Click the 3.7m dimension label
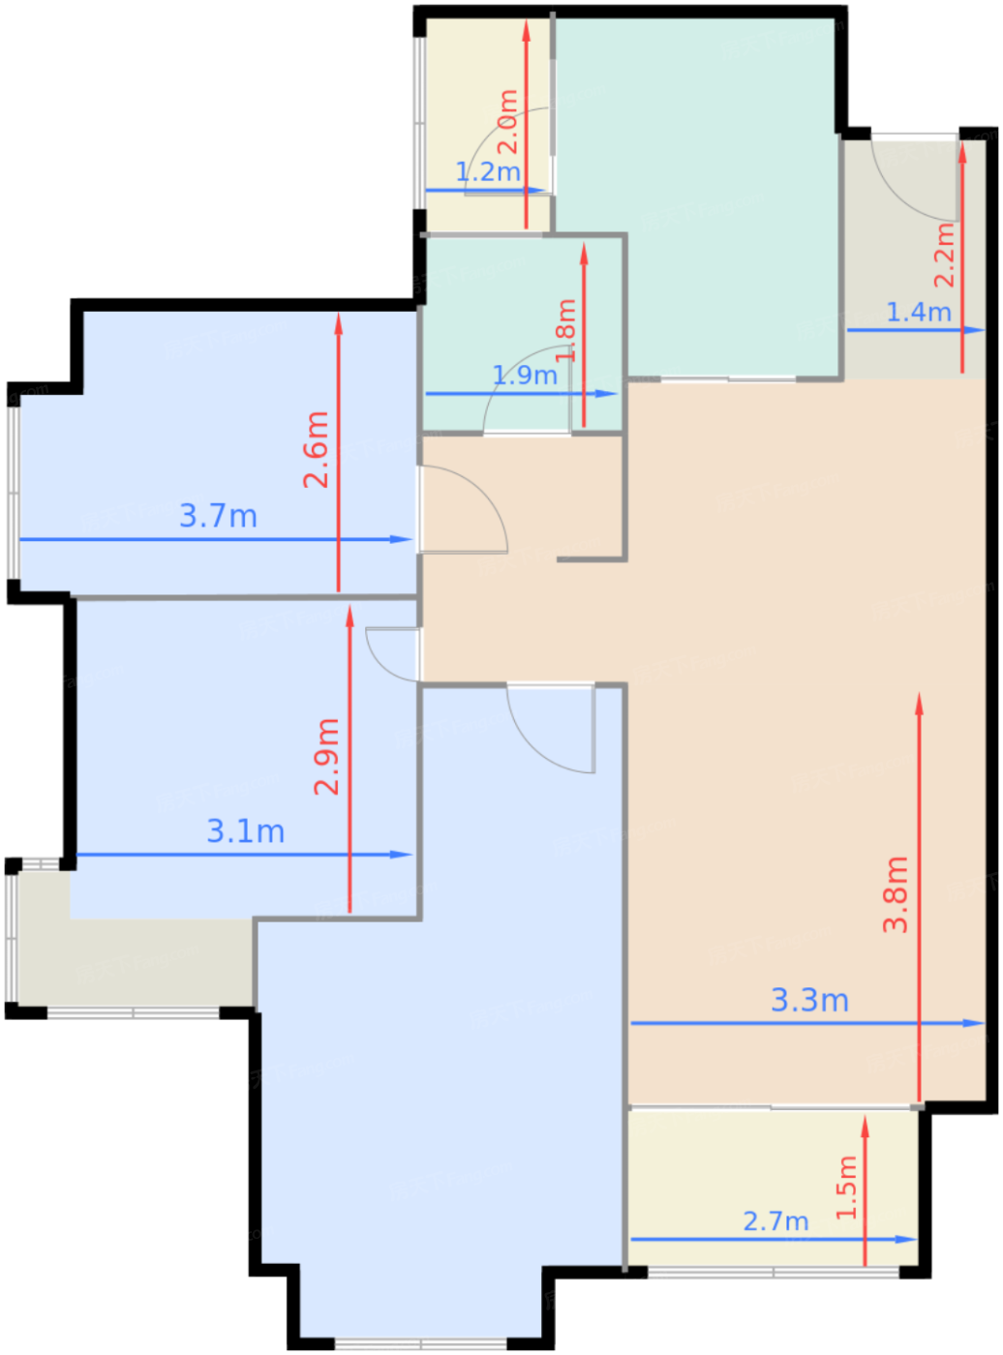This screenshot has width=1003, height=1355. tap(218, 516)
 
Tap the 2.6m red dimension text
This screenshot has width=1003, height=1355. tap(317, 450)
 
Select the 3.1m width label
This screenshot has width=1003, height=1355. tap(246, 831)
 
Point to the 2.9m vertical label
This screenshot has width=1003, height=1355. tap(326, 757)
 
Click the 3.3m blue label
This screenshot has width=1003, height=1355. tap(809, 1000)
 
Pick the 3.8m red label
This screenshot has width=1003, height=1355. tap(896, 894)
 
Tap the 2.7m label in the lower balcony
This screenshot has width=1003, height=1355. tap(775, 1221)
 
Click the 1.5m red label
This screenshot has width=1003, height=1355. tap(846, 1188)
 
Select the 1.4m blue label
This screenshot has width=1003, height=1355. tap(919, 313)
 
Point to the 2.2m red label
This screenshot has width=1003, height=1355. tap(944, 255)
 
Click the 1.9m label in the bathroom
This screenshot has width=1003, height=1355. tap(525, 376)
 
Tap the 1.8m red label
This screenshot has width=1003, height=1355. tap(566, 330)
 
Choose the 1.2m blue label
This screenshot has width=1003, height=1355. tap(488, 171)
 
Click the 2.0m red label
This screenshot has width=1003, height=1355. tap(508, 122)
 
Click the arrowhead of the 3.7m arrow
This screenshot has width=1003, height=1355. tap(402, 539)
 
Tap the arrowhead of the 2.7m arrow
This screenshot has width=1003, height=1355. tap(906, 1240)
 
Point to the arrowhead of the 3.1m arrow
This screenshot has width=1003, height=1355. tap(402, 855)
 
